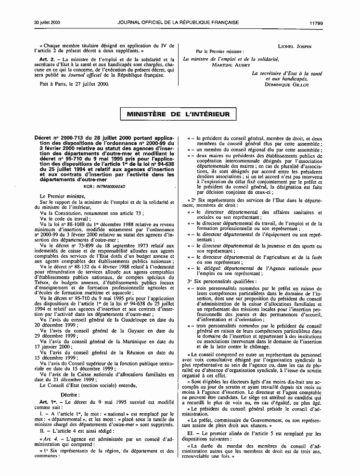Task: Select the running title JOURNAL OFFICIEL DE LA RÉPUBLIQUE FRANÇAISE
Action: tap(180, 9)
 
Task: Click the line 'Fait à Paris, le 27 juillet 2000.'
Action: tap(75, 84)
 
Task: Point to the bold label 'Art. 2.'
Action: tap(48, 59)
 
